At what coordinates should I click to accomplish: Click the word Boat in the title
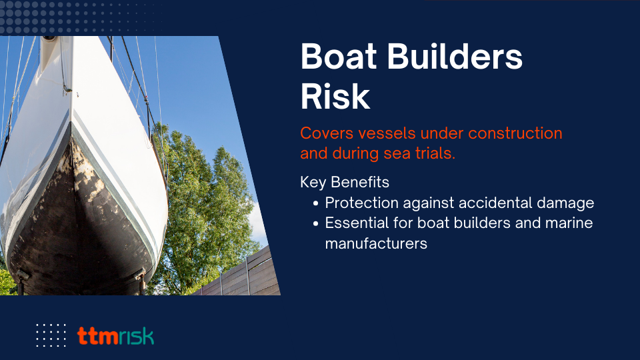click(339, 56)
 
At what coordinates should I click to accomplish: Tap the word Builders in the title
click(455, 56)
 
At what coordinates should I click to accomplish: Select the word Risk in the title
click(335, 96)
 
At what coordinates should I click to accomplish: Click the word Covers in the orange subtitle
click(326, 133)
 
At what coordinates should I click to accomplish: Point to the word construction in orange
click(515, 133)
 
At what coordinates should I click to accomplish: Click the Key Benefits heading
click(345, 182)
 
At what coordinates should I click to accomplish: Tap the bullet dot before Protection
click(315, 203)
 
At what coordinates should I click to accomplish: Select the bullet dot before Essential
click(315, 224)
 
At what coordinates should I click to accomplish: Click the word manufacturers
click(376, 244)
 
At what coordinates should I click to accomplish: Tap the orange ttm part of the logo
click(98, 336)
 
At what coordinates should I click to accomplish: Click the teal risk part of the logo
click(137, 336)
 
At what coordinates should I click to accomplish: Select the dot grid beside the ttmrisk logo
click(51, 335)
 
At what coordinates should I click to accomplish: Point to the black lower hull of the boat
click(77, 229)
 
